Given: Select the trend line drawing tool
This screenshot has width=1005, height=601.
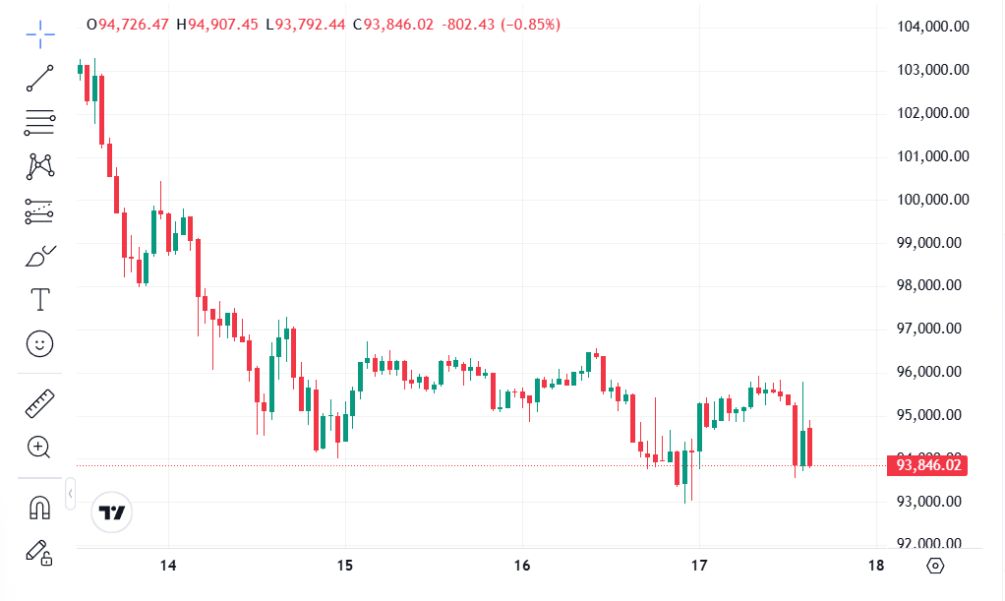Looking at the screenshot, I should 40,78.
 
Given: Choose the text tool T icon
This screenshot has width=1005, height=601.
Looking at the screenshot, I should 40,298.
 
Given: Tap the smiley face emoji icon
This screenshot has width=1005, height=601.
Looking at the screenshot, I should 40,343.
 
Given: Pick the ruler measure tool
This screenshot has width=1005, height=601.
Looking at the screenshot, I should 40,402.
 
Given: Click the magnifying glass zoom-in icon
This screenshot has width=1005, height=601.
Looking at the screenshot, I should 40,448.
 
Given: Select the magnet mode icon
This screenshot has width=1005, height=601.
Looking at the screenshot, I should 40,507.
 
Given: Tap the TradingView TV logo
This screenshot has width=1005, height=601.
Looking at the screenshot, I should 112,512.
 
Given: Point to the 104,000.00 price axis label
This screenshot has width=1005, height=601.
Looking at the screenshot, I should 933,27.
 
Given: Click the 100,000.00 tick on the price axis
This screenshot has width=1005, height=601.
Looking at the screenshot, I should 933,200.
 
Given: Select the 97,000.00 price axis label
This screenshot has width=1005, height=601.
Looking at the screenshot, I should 933,330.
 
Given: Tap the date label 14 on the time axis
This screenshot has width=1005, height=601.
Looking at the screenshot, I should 168,566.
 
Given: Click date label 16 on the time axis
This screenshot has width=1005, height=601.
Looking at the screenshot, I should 522,566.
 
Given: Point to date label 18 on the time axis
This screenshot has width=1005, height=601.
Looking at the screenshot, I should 876,566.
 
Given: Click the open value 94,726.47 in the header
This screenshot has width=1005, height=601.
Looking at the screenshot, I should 133,24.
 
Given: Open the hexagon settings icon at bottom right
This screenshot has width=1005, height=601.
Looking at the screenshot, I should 935,566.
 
